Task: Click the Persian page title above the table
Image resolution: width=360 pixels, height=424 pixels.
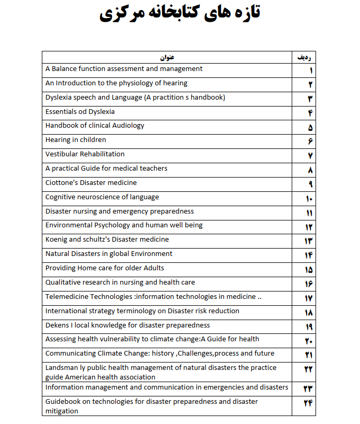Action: pos(180,14)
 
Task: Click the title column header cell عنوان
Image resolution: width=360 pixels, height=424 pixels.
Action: pos(167,57)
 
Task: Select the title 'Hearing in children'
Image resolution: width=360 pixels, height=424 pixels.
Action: pos(76,140)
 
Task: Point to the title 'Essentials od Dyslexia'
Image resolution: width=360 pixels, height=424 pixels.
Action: pos(80,112)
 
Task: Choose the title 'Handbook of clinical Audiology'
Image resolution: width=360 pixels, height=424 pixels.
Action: pos(95,126)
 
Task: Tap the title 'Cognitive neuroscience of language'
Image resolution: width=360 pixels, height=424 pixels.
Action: pos(102,197)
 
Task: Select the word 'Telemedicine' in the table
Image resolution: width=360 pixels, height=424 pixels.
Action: pos(67,297)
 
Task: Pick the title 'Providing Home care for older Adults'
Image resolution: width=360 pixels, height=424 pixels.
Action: pos(105,268)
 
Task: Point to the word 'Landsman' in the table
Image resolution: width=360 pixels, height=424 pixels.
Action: pos(61,368)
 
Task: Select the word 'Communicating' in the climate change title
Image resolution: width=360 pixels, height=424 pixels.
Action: pos(69,354)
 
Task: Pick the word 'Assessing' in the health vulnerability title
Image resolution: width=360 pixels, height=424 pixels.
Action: pos(61,339)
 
